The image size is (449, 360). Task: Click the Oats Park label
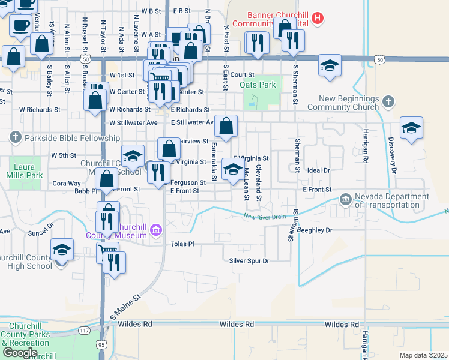tap(258, 85)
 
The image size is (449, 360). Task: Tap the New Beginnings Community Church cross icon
tap(388, 101)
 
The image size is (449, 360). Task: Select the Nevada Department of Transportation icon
tap(345, 199)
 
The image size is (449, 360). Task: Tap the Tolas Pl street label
tap(182, 244)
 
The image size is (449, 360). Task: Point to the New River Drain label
tap(265, 217)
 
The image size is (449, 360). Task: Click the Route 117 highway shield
tap(83, 331)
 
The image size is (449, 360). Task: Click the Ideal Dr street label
tap(319, 170)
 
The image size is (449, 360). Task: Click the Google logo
tap(20, 353)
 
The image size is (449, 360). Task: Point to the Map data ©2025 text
tap(423, 355)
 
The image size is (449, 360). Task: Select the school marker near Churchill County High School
tap(62, 251)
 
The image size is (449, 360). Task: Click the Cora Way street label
tap(67, 184)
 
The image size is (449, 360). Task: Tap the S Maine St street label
tap(125, 306)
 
